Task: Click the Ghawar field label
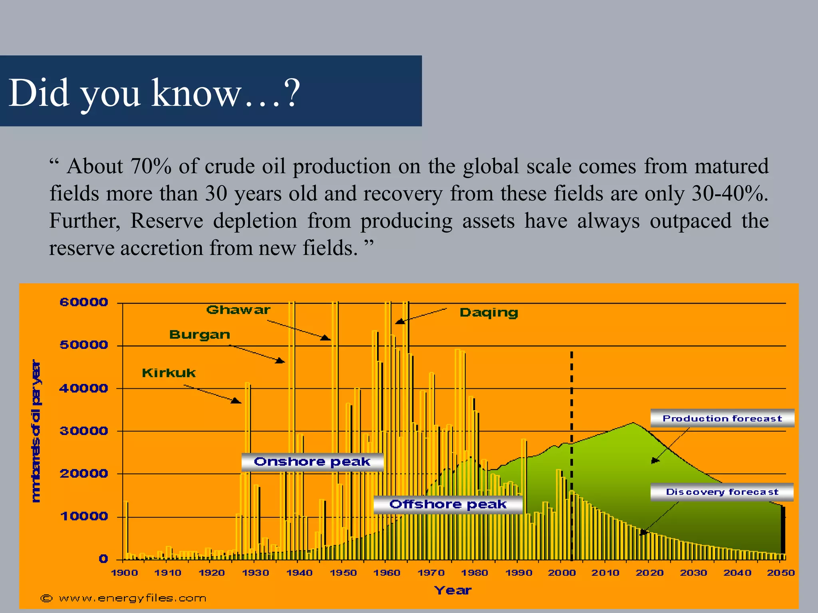coord(238,310)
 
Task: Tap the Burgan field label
coord(199,335)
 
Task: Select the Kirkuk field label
coord(169,373)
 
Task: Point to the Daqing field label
coord(488,312)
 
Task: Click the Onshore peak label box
coord(312,462)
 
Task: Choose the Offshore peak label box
coord(448,504)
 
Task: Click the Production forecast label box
coord(722,418)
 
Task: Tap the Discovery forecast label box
coord(722,492)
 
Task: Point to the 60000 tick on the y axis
coord(84,302)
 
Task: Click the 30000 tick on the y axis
coord(84,431)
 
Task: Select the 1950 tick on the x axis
coord(343,573)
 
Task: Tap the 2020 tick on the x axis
coord(649,573)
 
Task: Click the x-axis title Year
coord(453,590)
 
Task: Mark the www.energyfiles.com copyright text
coord(124,598)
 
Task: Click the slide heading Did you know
coord(154,93)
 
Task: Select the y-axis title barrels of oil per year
coord(36,431)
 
